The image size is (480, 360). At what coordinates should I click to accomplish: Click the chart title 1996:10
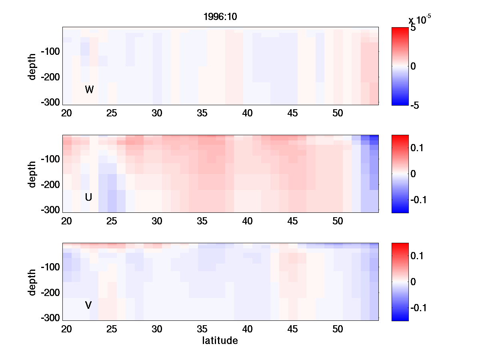220,18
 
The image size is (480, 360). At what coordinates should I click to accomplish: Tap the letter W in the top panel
89,90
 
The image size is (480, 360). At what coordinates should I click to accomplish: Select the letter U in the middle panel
89,197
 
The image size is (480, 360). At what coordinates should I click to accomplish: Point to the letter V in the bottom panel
88,306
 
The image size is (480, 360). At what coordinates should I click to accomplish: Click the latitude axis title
220,341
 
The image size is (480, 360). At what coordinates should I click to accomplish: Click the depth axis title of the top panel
32,66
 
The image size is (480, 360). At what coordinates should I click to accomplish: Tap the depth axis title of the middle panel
32,174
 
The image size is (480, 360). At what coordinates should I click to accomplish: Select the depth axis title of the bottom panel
32,282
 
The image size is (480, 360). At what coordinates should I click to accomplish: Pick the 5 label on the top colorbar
413,28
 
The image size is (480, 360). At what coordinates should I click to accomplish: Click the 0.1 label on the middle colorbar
417,148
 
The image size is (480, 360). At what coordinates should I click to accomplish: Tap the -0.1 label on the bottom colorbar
418,308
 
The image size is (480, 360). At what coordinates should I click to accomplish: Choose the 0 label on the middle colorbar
413,174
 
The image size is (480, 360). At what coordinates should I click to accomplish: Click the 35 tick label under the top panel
202,113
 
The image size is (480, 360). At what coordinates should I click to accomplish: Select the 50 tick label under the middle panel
338,221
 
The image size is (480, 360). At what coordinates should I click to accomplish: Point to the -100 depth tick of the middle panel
50,159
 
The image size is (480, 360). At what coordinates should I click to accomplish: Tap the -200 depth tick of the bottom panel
50,293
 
